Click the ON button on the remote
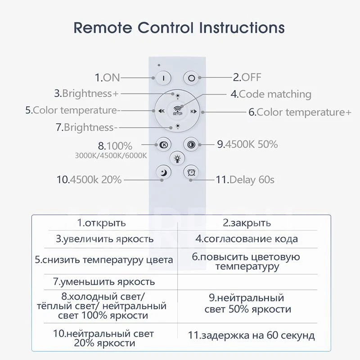pyautogui.click(x=163, y=77)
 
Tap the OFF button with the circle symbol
pyautogui.click(x=191, y=77)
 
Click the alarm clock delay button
pyautogui.click(x=191, y=171)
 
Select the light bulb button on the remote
pyautogui.click(x=177, y=158)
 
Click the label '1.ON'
pyautogui.click(x=107, y=77)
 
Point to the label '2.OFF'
pyautogui.click(x=247, y=77)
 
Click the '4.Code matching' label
pyautogui.click(x=271, y=94)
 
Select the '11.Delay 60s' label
pyautogui.click(x=245, y=180)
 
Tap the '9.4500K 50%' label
pyautogui.click(x=247, y=144)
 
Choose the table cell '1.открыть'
pyautogui.click(x=101, y=223)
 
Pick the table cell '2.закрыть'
pyautogui.click(x=247, y=223)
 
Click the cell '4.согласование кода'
pyautogui.click(x=247, y=239)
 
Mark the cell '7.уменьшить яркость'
pyautogui.click(x=104, y=282)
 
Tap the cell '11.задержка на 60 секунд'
pyautogui.click(x=252, y=335)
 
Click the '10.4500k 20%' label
pyautogui.click(x=89, y=180)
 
